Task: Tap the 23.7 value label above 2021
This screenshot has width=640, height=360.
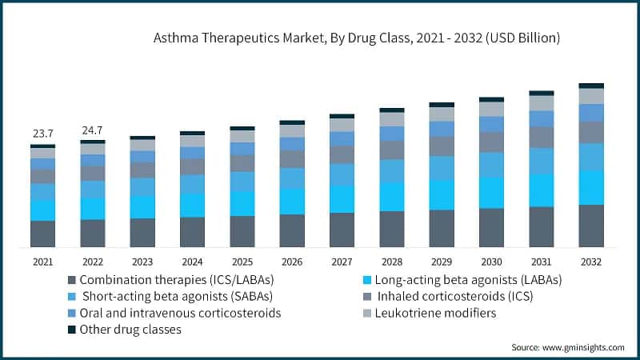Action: pyautogui.click(x=42, y=134)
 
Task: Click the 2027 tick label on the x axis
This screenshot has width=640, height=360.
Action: pyautogui.click(x=342, y=262)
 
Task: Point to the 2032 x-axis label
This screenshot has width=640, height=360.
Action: pyautogui.click(x=591, y=262)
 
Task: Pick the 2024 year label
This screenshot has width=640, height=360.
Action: pyautogui.click(x=192, y=262)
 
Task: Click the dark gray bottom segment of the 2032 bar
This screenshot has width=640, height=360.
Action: pyautogui.click(x=591, y=226)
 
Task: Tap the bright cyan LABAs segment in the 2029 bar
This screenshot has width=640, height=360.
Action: pyautogui.click(x=442, y=194)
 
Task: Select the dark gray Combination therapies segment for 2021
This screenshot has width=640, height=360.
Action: pyautogui.click(x=42, y=234)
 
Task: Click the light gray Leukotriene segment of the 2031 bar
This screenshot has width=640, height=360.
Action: pyautogui.click(x=542, y=103)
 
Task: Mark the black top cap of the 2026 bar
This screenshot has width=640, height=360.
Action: pyautogui.click(x=292, y=122)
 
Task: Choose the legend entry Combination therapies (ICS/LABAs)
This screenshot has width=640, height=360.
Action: pyautogui.click(x=177, y=280)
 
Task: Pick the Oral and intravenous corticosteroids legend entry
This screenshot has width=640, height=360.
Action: pyautogui.click(x=180, y=313)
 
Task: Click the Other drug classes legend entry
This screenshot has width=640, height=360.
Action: pyautogui.click(x=130, y=329)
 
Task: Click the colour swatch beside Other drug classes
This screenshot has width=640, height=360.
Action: pyautogui.click(x=72, y=329)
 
